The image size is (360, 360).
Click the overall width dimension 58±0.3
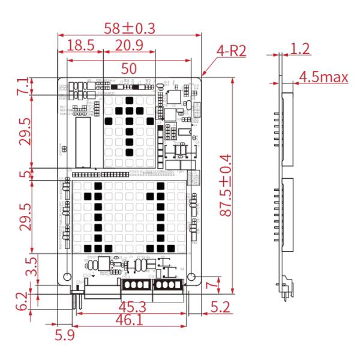click(130, 28)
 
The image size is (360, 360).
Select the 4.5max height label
click(324, 77)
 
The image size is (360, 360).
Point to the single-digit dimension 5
click(23, 174)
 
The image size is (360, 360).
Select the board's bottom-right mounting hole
click(192, 277)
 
